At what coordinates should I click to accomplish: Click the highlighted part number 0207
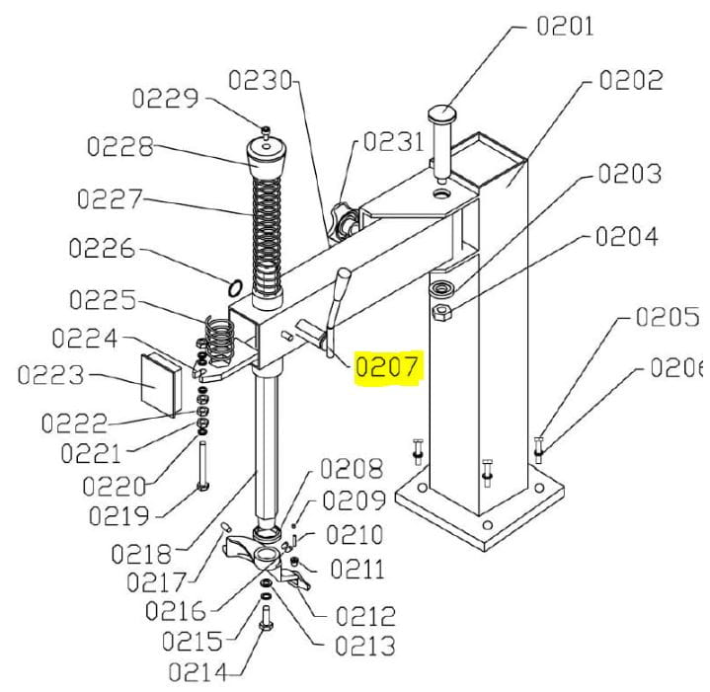(387, 366)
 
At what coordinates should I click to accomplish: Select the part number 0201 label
(565, 26)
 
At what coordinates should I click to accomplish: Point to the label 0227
(110, 198)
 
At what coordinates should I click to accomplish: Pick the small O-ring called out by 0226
(235, 287)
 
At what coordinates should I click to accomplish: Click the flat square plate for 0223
(161, 385)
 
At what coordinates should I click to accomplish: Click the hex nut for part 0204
(440, 312)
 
